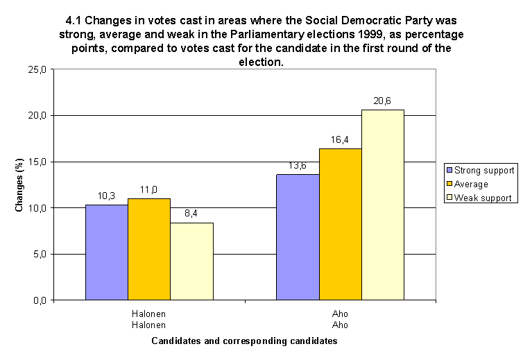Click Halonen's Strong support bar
(106, 252)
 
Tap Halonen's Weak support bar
(191, 261)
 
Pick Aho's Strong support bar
(298, 237)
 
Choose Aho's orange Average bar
(340, 224)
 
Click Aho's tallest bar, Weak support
(383, 205)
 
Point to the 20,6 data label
(382, 101)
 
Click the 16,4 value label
(340, 139)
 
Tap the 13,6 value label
(298, 166)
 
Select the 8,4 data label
(191, 214)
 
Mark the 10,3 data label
(106, 196)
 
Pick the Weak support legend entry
(482, 198)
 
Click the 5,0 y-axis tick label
(39, 254)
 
